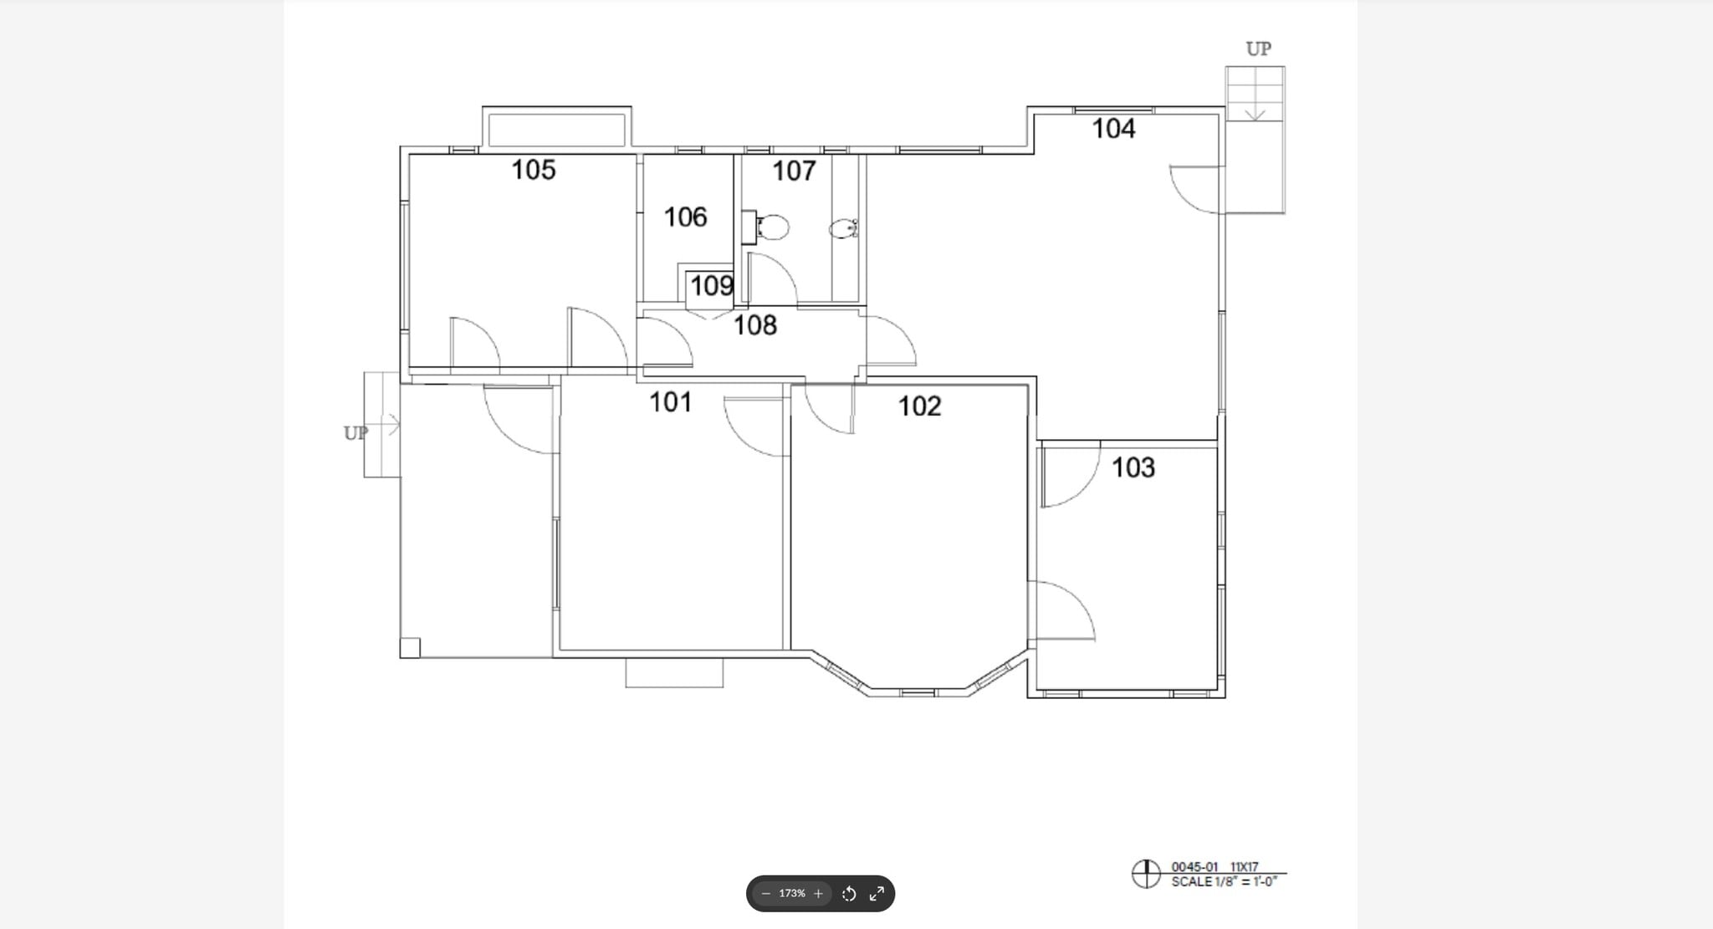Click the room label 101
671,402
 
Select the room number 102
919,406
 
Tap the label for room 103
1133,467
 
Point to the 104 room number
1113,129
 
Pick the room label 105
534,170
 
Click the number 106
685,217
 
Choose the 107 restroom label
793,171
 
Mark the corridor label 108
754,325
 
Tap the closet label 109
711,286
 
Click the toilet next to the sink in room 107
774,227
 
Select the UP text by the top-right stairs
1258,49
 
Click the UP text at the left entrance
355,433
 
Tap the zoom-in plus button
818,894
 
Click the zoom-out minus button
765,894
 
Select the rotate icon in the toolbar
848,894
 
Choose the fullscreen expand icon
877,894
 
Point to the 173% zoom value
791,894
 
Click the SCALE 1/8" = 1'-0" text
1224,882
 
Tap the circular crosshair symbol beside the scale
1145,874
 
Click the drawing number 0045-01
1194,867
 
